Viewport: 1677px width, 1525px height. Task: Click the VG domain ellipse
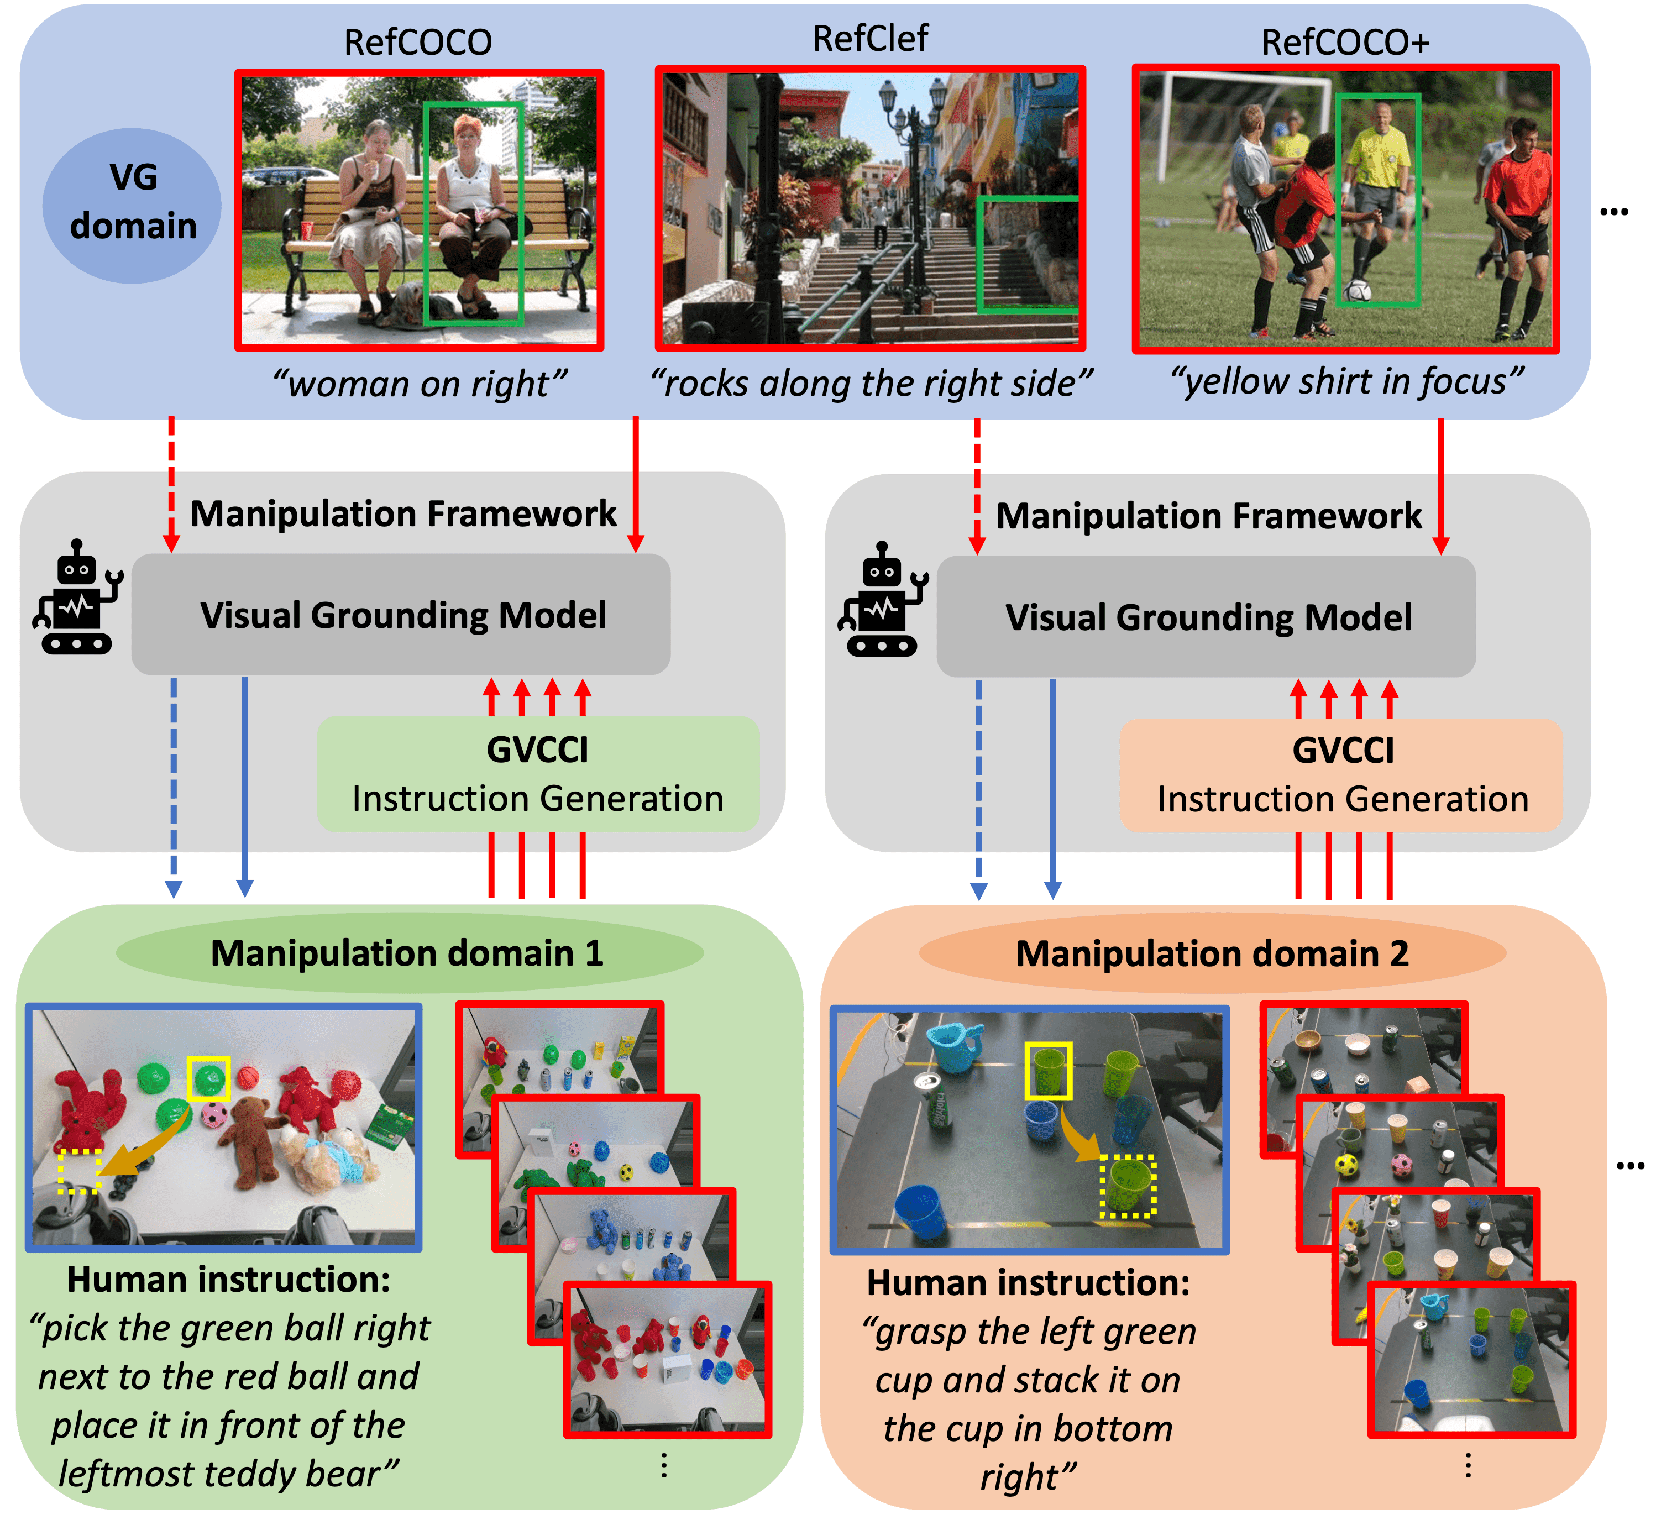click(x=132, y=205)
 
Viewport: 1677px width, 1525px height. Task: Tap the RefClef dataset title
click(x=869, y=38)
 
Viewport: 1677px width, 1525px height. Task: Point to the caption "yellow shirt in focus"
click(x=1346, y=381)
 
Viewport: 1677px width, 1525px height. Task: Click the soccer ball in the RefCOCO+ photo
click(x=1359, y=290)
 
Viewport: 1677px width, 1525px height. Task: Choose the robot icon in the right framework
click(x=882, y=601)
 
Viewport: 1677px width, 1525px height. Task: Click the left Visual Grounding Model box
click(x=401, y=615)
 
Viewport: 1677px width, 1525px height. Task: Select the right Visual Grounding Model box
click(x=1206, y=616)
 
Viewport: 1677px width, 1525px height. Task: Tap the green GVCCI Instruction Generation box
click(x=537, y=774)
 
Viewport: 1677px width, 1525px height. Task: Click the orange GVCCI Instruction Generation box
click(x=1341, y=774)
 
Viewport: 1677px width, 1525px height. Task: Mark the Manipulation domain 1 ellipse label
click(x=407, y=952)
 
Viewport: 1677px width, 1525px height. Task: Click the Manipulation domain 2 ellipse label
click(x=1212, y=953)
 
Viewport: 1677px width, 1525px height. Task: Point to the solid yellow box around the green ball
click(x=208, y=1078)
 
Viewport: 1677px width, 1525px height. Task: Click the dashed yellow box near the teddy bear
click(x=79, y=1171)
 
